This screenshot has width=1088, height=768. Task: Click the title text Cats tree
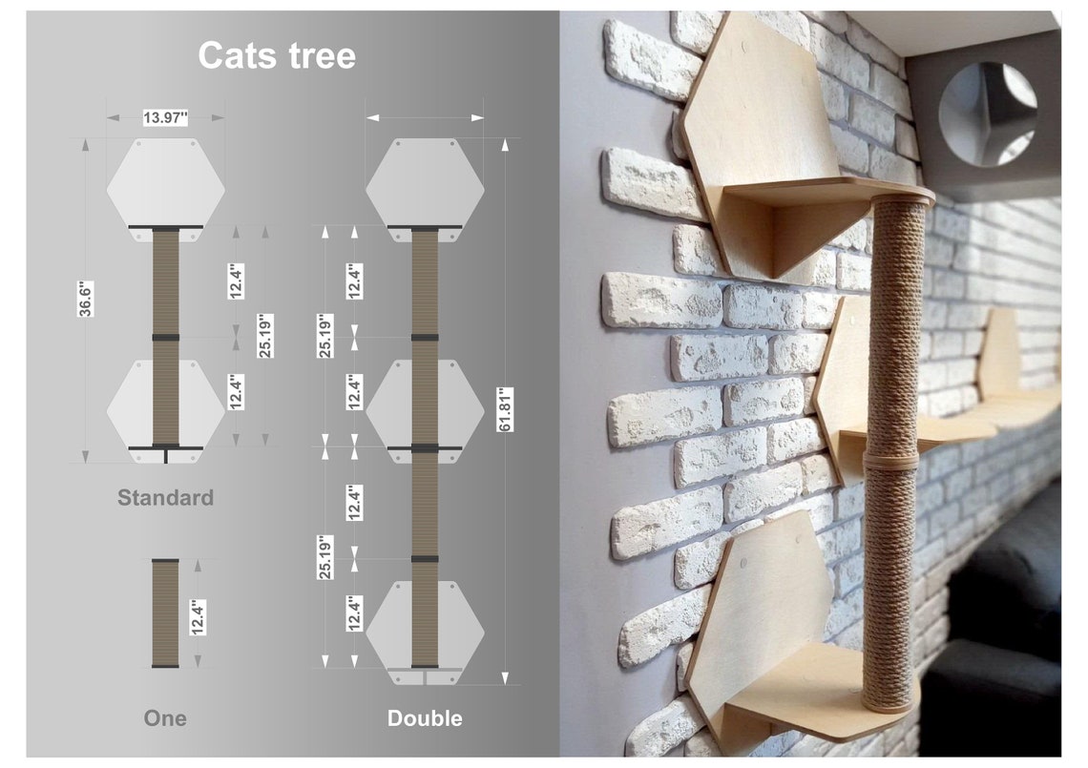tap(277, 55)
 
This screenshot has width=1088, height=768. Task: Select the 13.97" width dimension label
tap(165, 117)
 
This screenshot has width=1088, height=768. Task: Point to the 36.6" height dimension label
tap(85, 299)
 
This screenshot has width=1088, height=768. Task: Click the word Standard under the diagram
tap(165, 497)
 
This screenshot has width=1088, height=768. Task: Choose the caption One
tap(165, 717)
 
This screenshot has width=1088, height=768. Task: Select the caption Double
tap(425, 717)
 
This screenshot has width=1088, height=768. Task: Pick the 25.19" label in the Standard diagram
tap(265, 335)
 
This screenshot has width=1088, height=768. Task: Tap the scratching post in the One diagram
tap(165, 613)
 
